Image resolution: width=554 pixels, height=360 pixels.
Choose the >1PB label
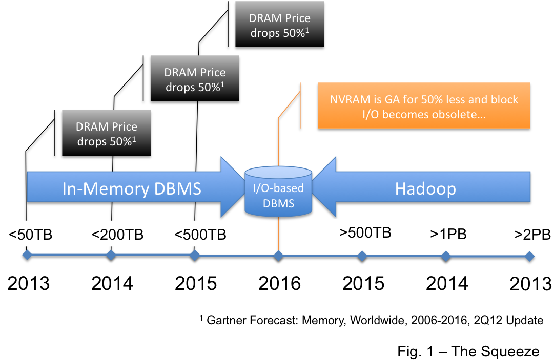click(x=448, y=234)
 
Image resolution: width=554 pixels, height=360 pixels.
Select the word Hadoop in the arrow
click(x=425, y=189)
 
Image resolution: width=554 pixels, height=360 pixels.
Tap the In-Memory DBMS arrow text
click(x=132, y=189)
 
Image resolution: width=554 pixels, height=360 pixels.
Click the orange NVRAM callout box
click(x=424, y=105)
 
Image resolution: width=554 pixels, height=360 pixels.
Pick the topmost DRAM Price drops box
click(x=280, y=25)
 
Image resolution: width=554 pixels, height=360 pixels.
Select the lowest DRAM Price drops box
click(x=107, y=133)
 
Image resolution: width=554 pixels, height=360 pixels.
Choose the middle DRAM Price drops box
click(x=195, y=79)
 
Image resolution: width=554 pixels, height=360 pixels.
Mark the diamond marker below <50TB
click(x=27, y=256)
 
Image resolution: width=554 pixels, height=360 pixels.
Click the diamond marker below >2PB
click(x=530, y=256)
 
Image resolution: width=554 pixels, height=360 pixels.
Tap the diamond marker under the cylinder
click(x=278, y=256)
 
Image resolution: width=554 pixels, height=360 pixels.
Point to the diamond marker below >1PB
click(x=446, y=256)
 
